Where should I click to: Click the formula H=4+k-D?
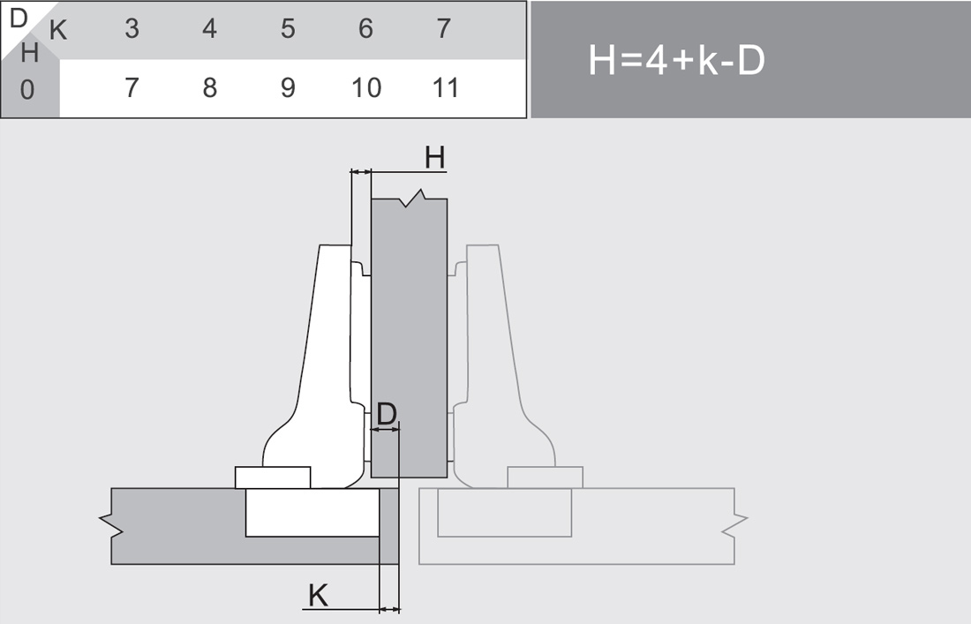coord(676,61)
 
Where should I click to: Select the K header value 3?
coord(132,29)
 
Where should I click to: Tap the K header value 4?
coord(209,29)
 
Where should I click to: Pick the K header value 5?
coord(288,29)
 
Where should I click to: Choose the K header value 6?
coord(365,29)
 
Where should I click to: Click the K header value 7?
coord(443,29)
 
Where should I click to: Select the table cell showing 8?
coord(209,88)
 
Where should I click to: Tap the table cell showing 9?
coord(288,88)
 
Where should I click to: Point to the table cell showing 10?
coord(366,88)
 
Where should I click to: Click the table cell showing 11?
coord(445,88)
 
